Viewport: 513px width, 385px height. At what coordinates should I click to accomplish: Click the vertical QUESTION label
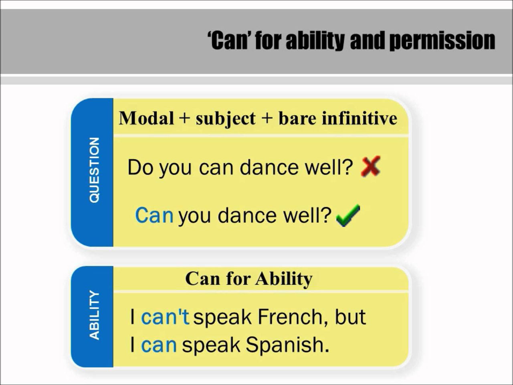(x=94, y=170)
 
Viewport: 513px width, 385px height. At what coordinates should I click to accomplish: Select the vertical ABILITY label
(x=94, y=315)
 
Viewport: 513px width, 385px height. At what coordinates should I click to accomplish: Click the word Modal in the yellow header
(x=147, y=118)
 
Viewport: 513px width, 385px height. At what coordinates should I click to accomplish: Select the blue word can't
(x=165, y=317)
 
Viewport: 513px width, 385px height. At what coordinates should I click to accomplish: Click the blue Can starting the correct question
(x=154, y=215)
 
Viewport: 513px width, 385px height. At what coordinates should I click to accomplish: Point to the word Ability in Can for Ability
(x=284, y=279)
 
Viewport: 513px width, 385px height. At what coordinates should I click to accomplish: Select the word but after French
(x=350, y=317)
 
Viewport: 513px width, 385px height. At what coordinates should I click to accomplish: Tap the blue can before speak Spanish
(x=159, y=345)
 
